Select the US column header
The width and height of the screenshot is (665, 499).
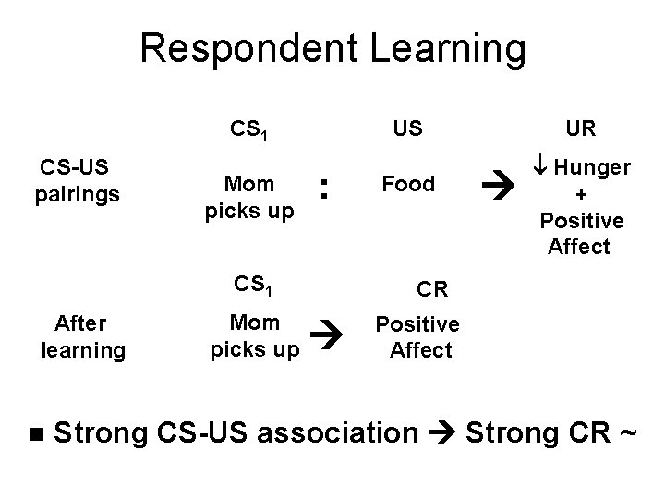407,128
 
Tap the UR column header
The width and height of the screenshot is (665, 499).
580,128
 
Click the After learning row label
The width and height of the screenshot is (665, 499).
82,337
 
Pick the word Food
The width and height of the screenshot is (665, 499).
408,184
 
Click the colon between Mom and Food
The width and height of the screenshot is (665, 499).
323,189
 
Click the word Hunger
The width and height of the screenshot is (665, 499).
593,168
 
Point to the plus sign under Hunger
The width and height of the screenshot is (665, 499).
580,195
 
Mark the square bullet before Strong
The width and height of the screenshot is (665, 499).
36,432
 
